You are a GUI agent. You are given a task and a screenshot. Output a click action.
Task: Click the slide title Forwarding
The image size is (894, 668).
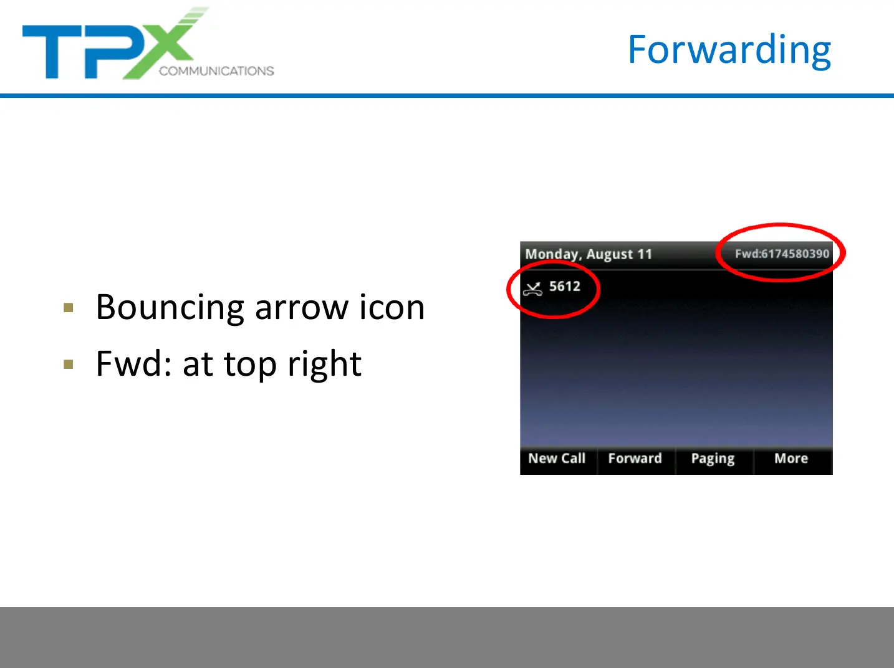[729, 50]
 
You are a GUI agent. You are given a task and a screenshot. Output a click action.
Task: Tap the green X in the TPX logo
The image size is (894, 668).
[163, 44]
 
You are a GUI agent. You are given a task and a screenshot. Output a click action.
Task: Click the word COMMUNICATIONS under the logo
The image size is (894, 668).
[216, 71]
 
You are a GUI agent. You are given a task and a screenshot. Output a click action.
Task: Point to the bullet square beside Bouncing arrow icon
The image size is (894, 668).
[69, 307]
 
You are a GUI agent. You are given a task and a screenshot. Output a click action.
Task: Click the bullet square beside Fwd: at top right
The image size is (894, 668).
[69, 364]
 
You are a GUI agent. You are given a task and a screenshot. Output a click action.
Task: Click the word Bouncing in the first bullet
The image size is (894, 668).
[170, 308]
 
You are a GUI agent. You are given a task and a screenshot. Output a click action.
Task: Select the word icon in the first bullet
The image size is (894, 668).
[392, 307]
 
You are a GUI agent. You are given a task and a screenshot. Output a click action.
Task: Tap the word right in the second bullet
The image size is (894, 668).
[324, 365]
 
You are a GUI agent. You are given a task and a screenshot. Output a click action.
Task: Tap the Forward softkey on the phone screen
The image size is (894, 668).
[635, 459]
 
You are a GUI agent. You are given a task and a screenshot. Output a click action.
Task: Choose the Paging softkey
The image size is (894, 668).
[713, 459]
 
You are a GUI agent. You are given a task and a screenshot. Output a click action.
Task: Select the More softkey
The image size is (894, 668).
[791, 459]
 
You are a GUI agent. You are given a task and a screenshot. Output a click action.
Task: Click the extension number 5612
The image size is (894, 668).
[564, 286]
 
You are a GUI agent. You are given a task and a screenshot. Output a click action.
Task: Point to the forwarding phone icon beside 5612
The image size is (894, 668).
[532, 289]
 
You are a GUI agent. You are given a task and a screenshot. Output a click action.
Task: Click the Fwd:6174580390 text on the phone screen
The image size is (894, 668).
[782, 254]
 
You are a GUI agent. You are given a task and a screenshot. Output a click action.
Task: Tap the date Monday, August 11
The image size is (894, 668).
[589, 254]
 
